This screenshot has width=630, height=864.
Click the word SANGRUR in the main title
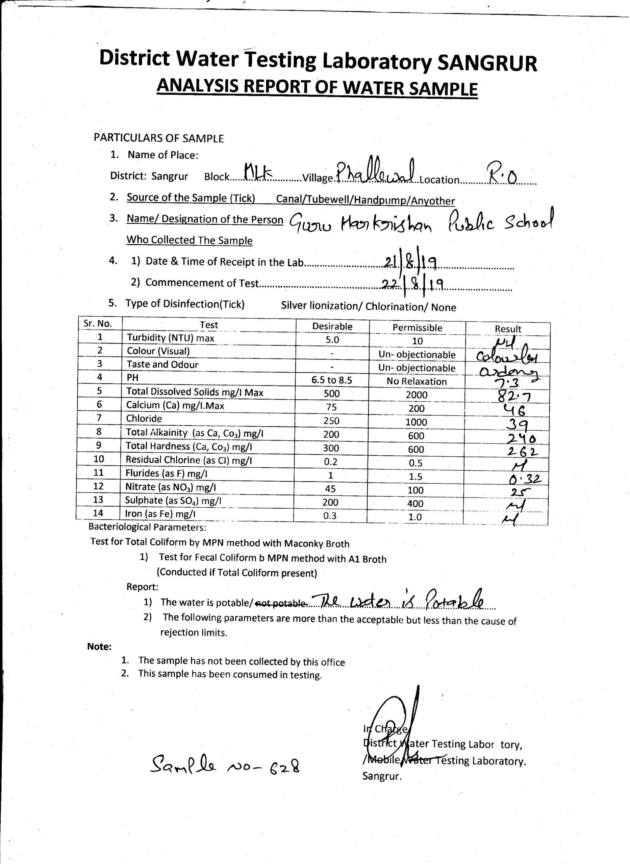(487, 62)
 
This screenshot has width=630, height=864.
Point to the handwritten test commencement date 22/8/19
(413, 284)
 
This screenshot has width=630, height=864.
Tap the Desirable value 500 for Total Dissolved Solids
(331, 394)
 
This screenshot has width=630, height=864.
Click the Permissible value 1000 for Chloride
(417, 422)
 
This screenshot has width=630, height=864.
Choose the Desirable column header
(332, 326)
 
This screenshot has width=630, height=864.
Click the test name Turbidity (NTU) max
(171, 338)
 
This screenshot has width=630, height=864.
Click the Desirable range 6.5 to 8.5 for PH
(332, 380)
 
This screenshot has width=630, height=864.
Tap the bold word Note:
(100, 646)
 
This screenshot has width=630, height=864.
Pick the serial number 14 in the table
(98, 513)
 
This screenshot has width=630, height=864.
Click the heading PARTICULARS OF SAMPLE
(159, 138)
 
